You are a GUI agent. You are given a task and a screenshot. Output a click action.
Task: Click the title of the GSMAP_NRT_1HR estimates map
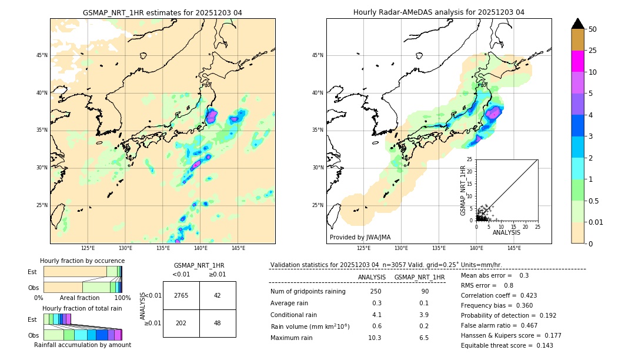(162, 12)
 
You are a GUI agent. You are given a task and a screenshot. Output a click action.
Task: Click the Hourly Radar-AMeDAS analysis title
(439, 12)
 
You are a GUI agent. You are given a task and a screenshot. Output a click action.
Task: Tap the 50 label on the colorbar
(593, 29)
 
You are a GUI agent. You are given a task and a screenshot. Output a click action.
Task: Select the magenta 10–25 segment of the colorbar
(577, 61)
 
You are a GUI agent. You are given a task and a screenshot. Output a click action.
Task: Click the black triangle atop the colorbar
(577, 24)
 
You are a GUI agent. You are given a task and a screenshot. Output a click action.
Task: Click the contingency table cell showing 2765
(181, 295)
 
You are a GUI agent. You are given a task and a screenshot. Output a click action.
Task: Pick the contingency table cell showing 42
(218, 295)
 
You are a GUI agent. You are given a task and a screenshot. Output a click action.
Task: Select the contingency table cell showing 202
(181, 323)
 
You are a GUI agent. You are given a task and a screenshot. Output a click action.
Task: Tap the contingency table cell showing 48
(218, 323)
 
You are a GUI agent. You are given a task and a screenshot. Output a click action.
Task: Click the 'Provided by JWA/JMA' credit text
(360, 238)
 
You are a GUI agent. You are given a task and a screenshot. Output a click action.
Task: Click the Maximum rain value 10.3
(375, 338)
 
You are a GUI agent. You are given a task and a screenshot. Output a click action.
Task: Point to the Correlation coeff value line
(499, 295)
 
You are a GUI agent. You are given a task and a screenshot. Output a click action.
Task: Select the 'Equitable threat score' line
(507, 345)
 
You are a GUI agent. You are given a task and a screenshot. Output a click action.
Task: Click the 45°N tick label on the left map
(41, 55)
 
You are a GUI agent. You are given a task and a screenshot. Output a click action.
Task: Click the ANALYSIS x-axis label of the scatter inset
(506, 232)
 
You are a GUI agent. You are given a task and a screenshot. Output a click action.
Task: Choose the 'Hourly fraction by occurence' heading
(82, 261)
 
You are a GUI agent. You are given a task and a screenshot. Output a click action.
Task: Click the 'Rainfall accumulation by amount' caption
(82, 345)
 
